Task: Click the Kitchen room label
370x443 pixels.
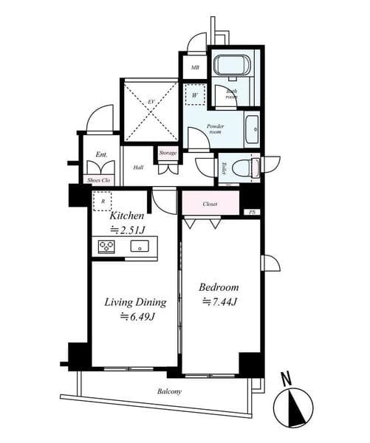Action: point(126,216)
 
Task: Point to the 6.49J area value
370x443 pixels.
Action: point(137,317)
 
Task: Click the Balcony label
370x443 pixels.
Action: point(169,391)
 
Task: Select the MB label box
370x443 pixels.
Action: point(195,68)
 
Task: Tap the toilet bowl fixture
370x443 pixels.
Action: point(240,168)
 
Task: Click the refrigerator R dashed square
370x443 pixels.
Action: point(101,200)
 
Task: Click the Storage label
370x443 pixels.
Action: point(168,153)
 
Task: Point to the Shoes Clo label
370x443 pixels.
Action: point(99,179)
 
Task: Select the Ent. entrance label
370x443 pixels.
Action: point(101,155)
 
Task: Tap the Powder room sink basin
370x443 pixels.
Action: point(251,128)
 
